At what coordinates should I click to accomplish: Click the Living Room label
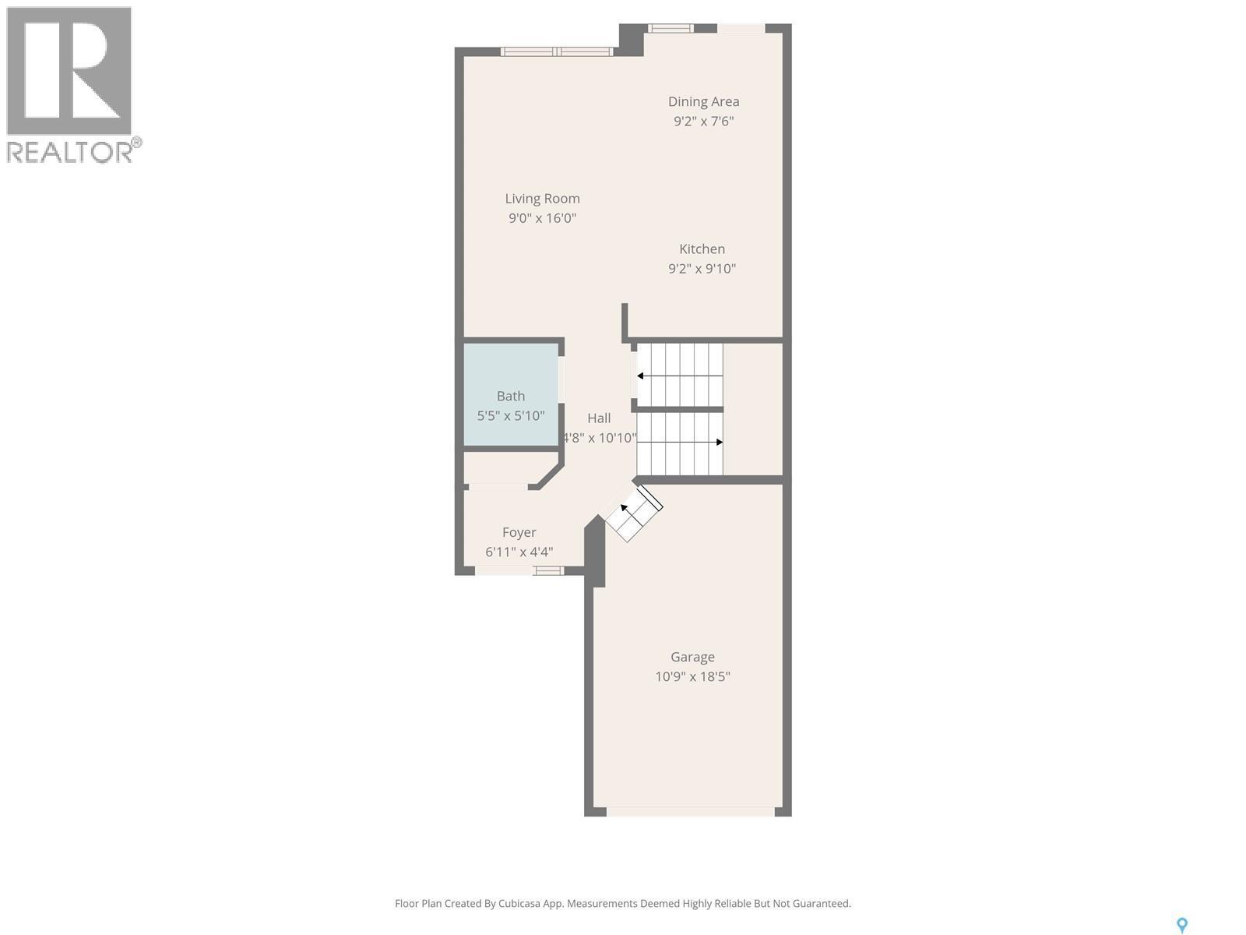click(x=542, y=199)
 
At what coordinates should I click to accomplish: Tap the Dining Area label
click(x=703, y=101)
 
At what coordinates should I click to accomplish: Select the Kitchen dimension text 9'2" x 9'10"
click(x=702, y=269)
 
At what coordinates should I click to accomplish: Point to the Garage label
click(x=692, y=657)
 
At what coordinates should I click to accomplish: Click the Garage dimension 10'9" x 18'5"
click(x=692, y=676)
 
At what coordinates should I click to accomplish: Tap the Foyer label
click(x=519, y=532)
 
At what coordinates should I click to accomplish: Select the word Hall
click(x=599, y=418)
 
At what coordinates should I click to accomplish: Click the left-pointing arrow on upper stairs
click(x=641, y=376)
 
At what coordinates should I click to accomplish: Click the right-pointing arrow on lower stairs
click(x=719, y=443)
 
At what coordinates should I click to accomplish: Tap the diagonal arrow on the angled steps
click(x=625, y=508)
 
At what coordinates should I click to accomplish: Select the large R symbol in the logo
click(x=69, y=71)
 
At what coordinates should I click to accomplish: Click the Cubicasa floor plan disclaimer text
click(x=622, y=904)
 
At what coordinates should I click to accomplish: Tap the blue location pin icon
click(x=1181, y=925)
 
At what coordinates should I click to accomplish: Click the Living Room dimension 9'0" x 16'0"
click(x=542, y=218)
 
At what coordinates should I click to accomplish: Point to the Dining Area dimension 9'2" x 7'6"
click(x=703, y=121)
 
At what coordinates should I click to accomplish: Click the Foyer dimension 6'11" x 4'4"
click(x=519, y=552)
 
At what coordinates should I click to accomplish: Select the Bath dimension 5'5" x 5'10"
click(x=511, y=415)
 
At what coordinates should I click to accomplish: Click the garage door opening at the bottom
click(x=690, y=811)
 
